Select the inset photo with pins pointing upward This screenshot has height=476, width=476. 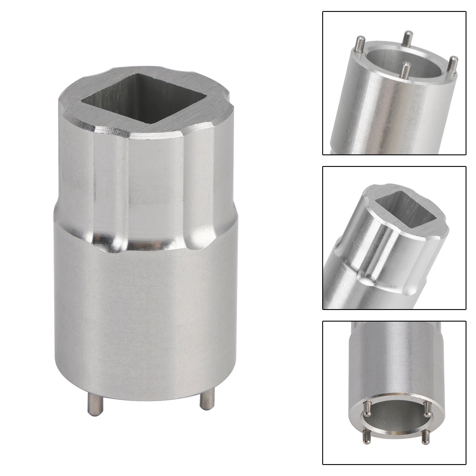394,83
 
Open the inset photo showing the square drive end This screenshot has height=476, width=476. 394,238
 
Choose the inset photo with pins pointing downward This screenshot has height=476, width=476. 394,393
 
